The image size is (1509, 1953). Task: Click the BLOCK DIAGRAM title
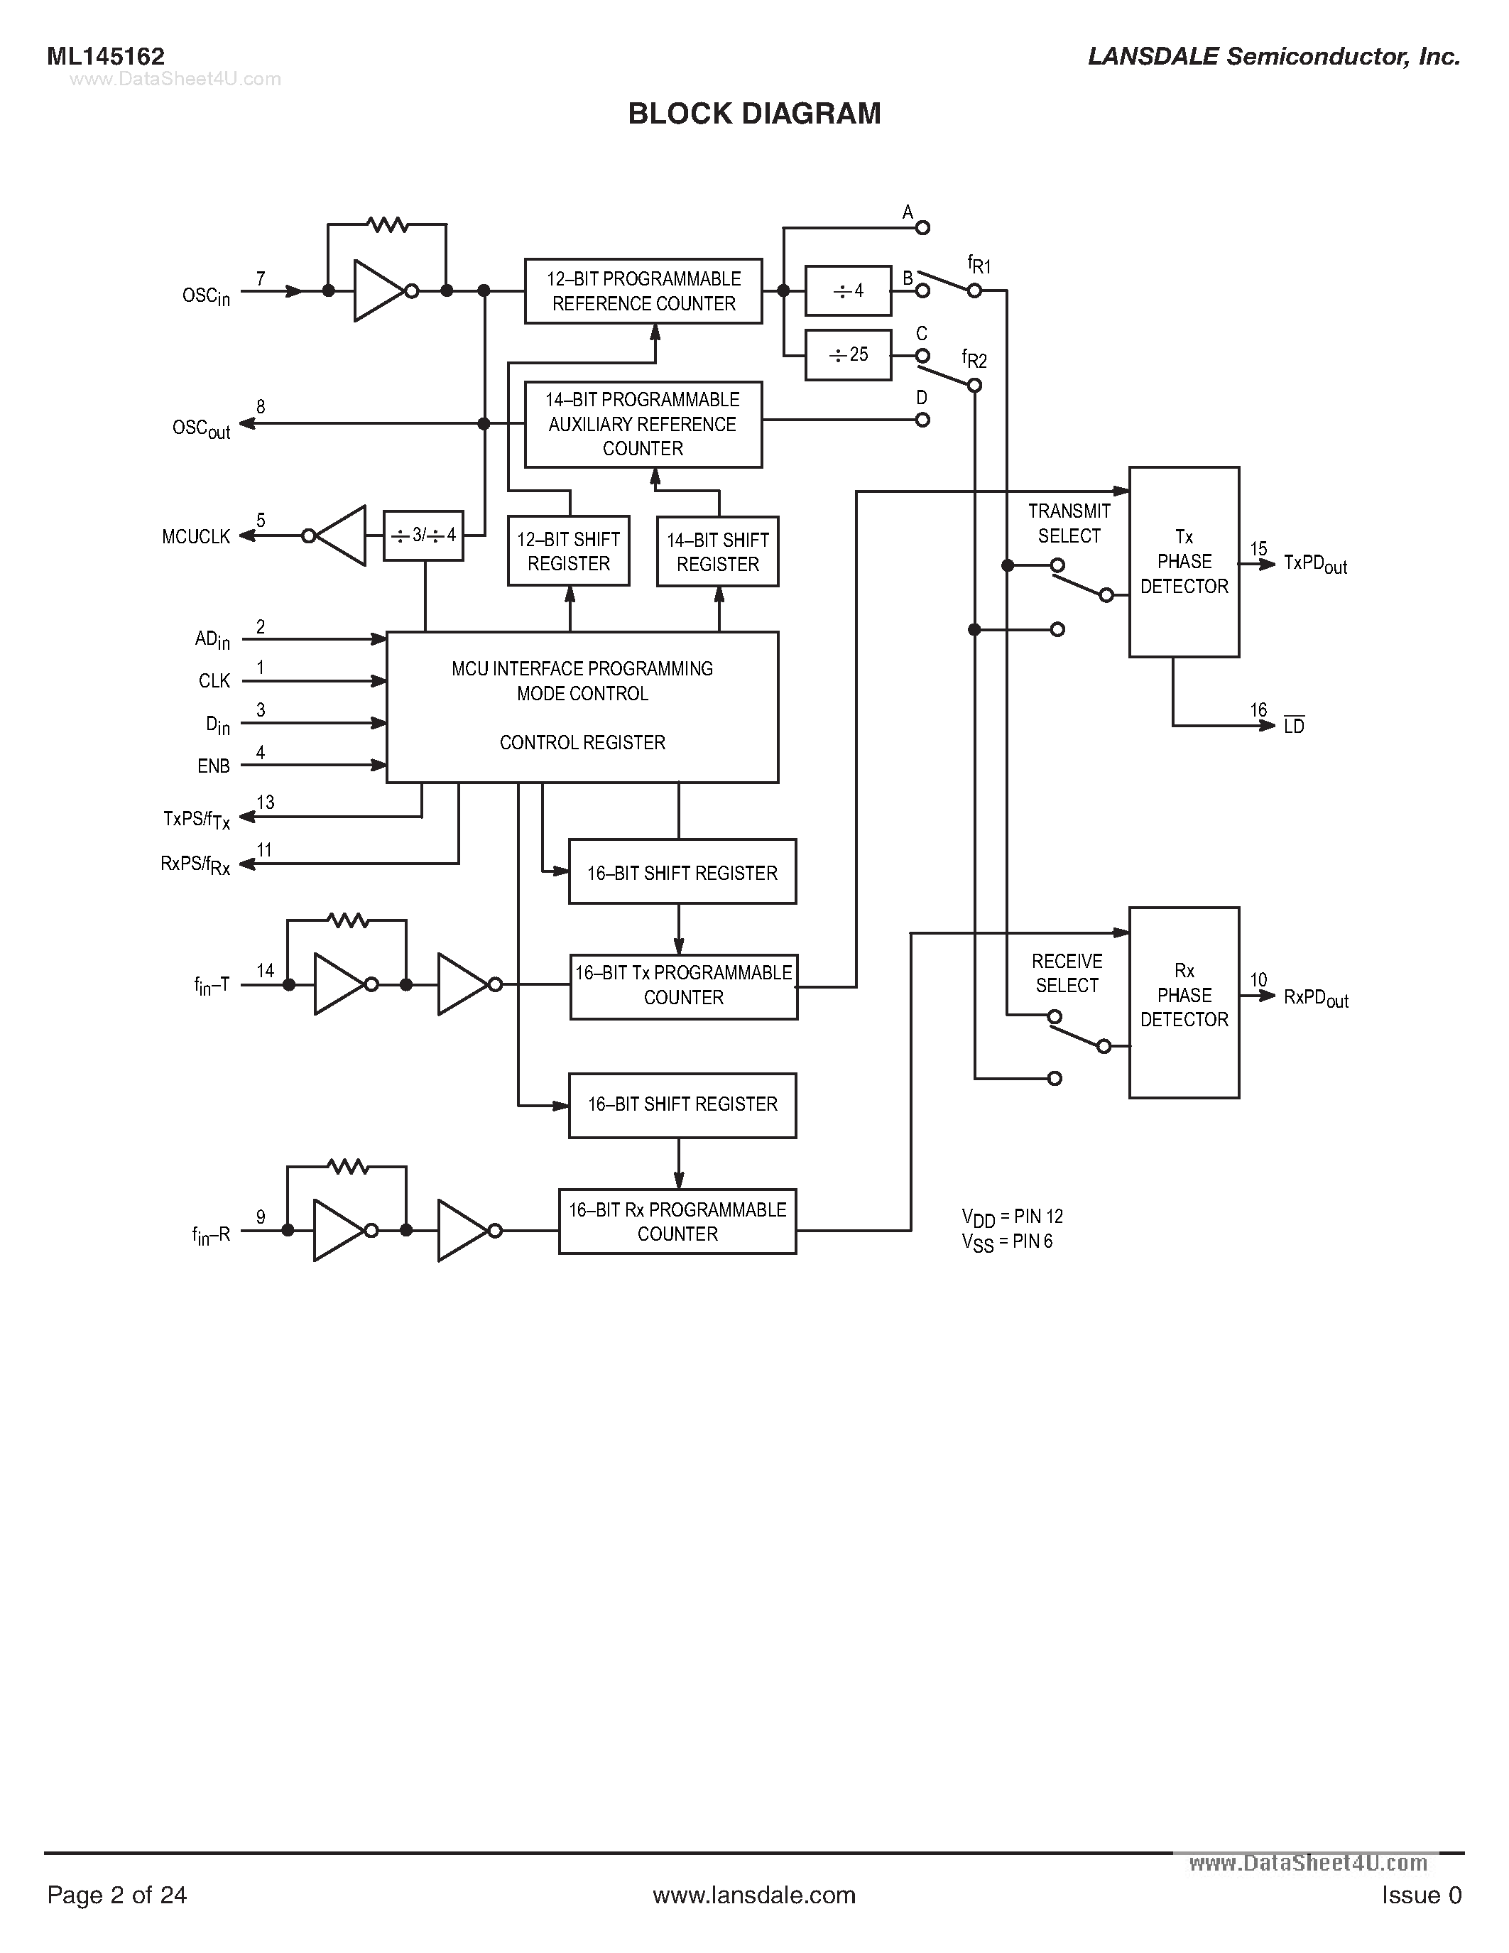tap(753, 114)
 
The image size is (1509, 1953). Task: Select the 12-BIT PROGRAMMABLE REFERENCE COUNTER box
tap(643, 291)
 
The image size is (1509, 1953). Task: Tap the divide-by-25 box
tap(847, 355)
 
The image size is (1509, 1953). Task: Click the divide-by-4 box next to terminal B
tap(847, 290)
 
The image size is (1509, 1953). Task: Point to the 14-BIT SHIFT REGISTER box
tap(717, 552)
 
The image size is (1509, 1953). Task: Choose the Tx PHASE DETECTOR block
tap(1184, 562)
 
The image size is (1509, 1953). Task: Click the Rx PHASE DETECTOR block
tap(1184, 1001)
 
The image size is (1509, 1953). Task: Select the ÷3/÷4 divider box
tap(423, 535)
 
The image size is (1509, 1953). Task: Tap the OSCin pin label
tap(206, 296)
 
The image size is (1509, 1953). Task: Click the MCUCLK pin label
tap(196, 536)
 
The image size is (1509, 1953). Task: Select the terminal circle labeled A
tap(922, 228)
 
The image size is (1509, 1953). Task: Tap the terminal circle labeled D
tap(922, 420)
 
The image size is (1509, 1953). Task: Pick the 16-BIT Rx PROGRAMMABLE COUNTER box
tap(677, 1222)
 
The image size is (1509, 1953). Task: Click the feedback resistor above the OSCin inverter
tap(388, 224)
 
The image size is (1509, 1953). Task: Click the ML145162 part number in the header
tap(106, 56)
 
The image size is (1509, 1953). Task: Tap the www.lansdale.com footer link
tap(753, 1895)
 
